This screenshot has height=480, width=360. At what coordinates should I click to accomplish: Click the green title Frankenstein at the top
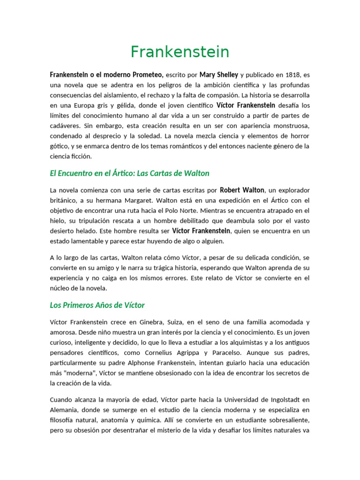[180, 52]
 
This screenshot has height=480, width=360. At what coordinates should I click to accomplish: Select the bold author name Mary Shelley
[219, 75]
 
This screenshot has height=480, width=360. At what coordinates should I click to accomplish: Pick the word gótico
[59, 146]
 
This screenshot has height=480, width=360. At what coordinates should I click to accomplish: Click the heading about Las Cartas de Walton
[129, 173]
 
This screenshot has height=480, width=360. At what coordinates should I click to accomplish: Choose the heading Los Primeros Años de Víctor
[97, 305]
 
